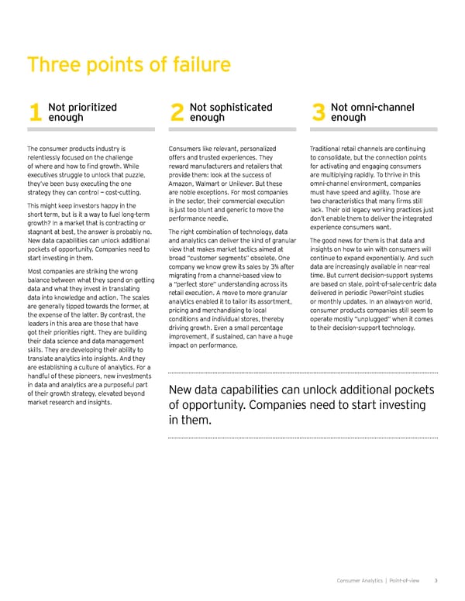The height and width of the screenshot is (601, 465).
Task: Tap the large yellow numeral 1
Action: coord(33,114)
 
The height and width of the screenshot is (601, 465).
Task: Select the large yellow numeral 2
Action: coord(176,114)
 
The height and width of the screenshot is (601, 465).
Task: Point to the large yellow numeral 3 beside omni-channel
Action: coord(318,114)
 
